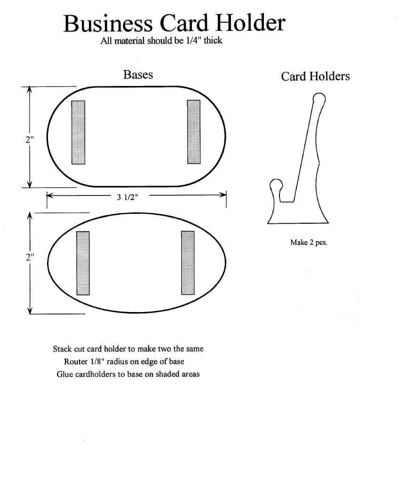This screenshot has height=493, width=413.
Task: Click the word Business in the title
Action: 108,23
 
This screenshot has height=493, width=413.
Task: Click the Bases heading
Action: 138,75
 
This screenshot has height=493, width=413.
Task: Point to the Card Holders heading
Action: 315,77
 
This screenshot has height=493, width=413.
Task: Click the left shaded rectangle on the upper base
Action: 78,133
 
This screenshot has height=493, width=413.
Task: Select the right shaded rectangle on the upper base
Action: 193,132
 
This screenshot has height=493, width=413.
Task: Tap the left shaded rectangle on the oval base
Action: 83,263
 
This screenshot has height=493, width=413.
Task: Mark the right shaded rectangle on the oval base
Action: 188,263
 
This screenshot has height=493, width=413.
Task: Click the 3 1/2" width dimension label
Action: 127,197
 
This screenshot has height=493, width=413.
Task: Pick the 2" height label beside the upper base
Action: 30,140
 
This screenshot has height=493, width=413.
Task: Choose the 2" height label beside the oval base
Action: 30,257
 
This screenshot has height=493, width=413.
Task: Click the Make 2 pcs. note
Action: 309,243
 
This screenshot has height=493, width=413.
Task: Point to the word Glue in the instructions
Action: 64,375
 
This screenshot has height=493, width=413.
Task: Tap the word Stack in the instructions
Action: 62,349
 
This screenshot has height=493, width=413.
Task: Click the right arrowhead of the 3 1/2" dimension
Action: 224,195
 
